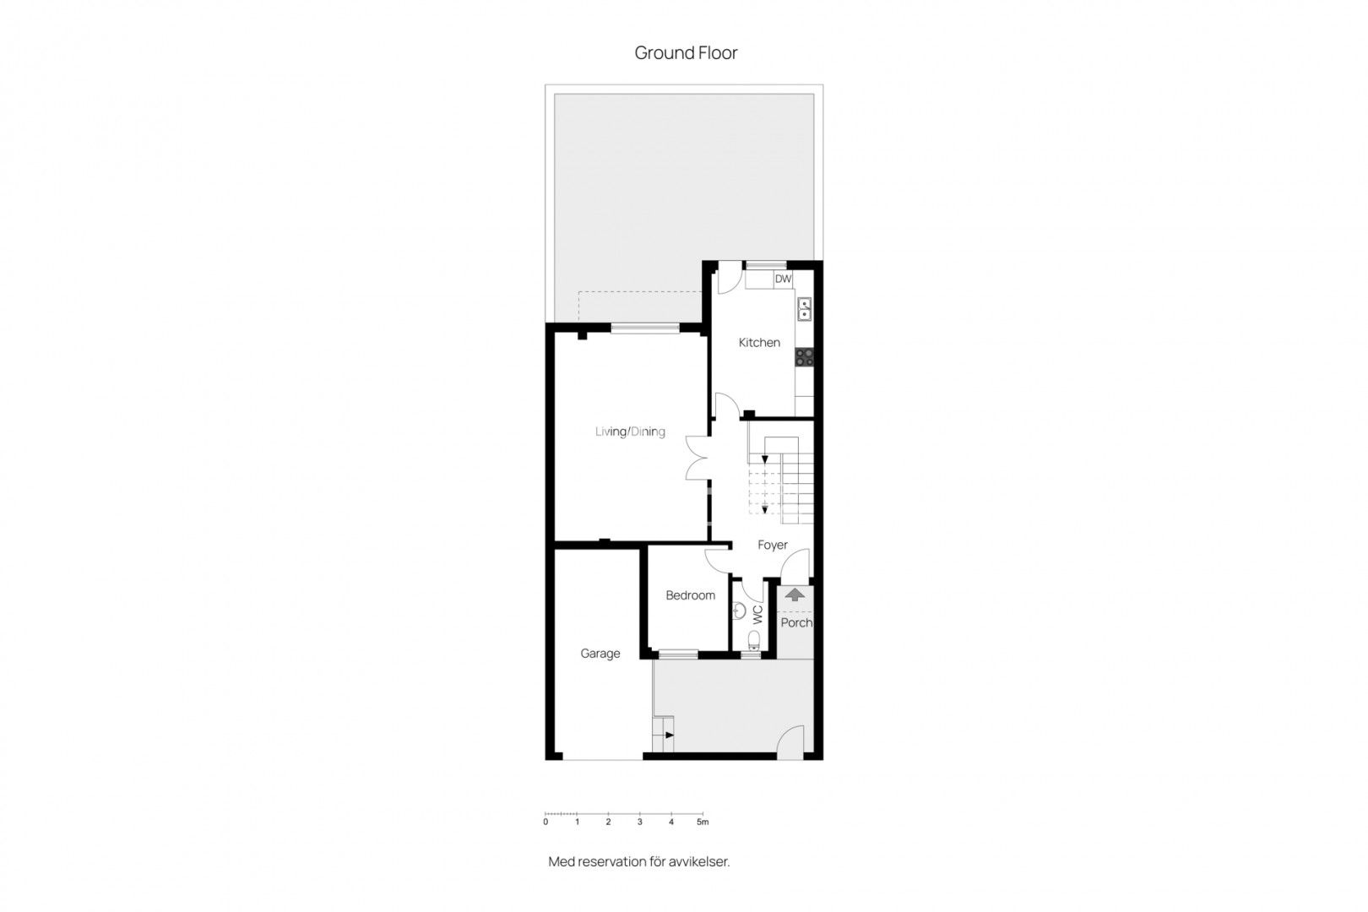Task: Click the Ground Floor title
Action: coord(686,53)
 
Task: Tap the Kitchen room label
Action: coord(759,343)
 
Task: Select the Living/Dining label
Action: coord(630,432)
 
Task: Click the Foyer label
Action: coord(773,545)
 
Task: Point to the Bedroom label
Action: coord(690,595)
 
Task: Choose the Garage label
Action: coord(600,654)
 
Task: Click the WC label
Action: coord(758,615)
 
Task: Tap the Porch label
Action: coord(796,622)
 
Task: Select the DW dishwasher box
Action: coord(783,280)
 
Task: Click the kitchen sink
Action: coord(804,309)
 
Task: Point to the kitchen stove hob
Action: coord(804,356)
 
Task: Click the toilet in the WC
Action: coord(754,639)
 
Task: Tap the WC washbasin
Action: coord(739,611)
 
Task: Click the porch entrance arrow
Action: coord(795,594)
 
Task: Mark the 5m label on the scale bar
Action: coord(703,822)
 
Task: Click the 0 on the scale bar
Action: coord(546,822)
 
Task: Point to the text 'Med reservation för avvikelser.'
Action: coord(638,862)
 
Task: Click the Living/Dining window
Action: coord(645,328)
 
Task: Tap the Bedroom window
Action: coord(678,654)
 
